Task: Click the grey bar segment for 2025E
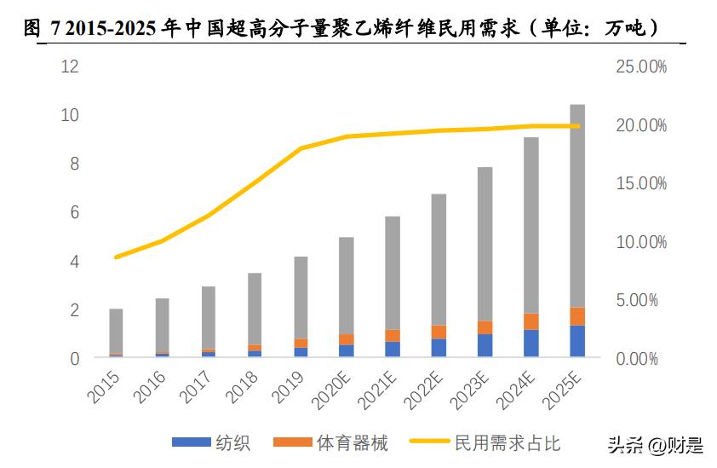[576, 205]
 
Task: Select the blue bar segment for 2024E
[531, 343]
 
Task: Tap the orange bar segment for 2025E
[576, 316]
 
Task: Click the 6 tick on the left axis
[75, 212]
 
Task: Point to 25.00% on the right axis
[641, 66]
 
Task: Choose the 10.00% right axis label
[641, 242]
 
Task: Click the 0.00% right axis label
[638, 359]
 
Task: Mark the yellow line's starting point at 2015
[116, 257]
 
